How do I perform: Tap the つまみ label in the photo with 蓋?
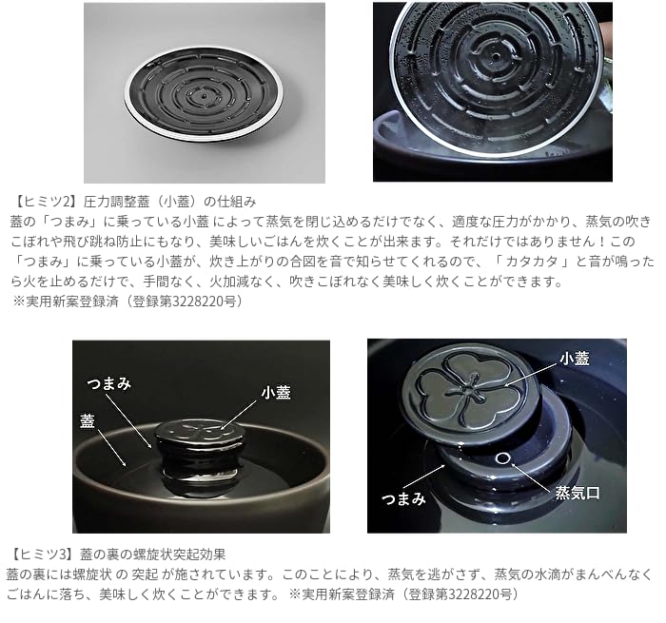pyautogui.click(x=109, y=382)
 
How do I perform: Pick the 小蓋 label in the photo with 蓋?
pyautogui.click(x=276, y=392)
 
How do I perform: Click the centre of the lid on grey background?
pyautogui.click(x=205, y=97)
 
